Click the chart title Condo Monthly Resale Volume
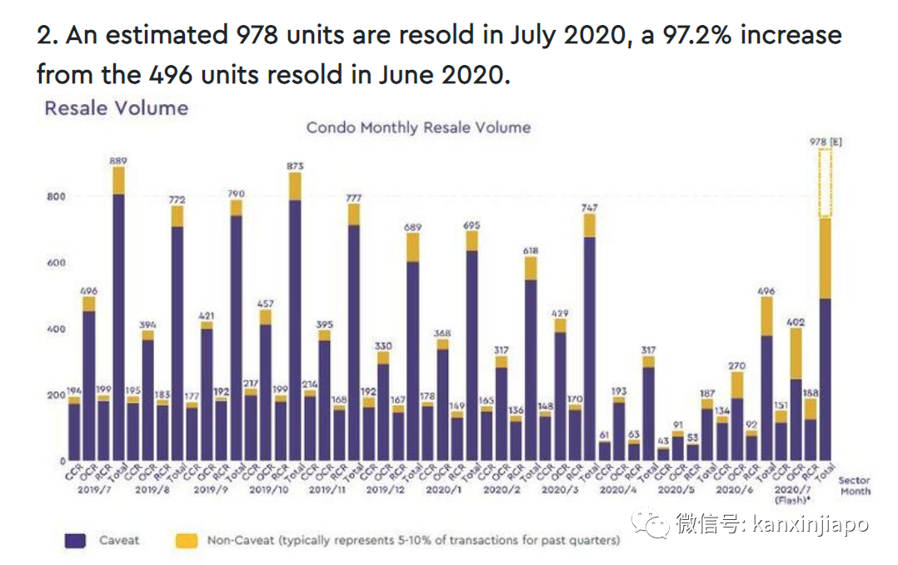tap(418, 127)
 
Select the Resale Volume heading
tap(116, 107)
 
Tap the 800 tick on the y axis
tap(55, 197)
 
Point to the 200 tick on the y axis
tap(55, 395)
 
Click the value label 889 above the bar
tap(118, 159)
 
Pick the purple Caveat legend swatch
tap(75, 541)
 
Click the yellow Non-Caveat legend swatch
tap(187, 541)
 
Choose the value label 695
tap(471, 225)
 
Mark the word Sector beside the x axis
tap(854, 480)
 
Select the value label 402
tap(796, 322)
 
